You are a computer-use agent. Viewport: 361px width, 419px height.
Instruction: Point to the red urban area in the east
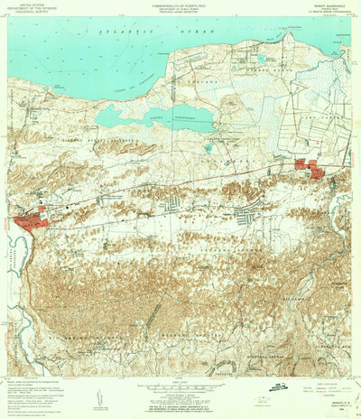(308, 167)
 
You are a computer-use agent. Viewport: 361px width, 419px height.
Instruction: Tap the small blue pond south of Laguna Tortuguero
(208, 147)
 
